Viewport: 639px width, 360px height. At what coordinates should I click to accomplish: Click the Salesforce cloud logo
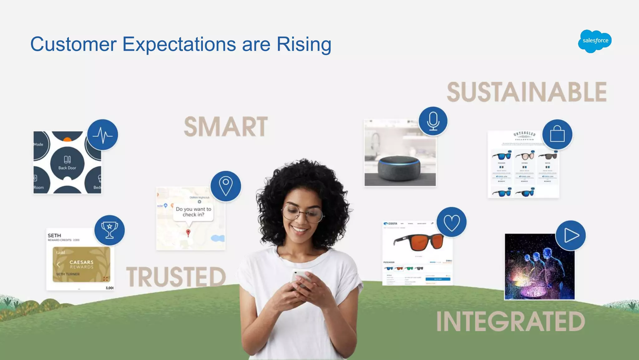pyautogui.click(x=595, y=41)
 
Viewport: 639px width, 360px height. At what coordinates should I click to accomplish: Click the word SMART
pyautogui.click(x=226, y=127)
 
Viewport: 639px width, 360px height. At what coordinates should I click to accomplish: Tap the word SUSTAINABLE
pyautogui.click(x=527, y=92)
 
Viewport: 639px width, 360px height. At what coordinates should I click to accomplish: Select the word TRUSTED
pyautogui.click(x=176, y=277)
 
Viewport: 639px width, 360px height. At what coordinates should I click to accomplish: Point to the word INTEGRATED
pyautogui.click(x=510, y=321)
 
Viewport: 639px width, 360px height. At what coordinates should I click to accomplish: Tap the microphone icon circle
pyautogui.click(x=433, y=121)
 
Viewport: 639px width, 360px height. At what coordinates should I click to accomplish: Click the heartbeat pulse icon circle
pyautogui.click(x=102, y=135)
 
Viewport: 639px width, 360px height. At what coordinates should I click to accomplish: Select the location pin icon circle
pyautogui.click(x=226, y=186)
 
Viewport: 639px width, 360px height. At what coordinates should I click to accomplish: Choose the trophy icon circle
pyautogui.click(x=110, y=230)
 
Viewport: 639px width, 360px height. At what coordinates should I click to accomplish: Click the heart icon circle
pyautogui.click(x=451, y=222)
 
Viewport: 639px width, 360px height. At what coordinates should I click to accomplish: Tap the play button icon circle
pyautogui.click(x=570, y=235)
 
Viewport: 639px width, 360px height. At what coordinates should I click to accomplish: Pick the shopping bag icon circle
pyautogui.click(x=557, y=135)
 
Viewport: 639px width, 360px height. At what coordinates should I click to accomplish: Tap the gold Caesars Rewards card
pyautogui.click(x=81, y=264)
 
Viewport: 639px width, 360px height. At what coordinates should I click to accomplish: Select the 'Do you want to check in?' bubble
pyautogui.click(x=193, y=212)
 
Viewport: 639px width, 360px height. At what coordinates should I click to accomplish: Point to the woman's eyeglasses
pyautogui.click(x=302, y=214)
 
